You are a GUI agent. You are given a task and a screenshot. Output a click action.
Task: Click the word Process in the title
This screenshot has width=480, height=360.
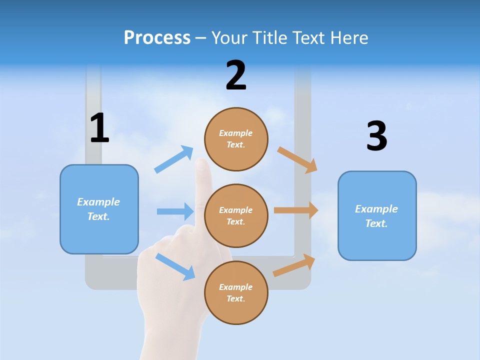pyautogui.click(x=157, y=38)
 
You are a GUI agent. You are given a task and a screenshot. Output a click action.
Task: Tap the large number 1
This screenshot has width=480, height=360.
pyautogui.click(x=99, y=128)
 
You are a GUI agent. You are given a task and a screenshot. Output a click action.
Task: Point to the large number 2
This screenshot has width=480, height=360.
pyautogui.click(x=236, y=76)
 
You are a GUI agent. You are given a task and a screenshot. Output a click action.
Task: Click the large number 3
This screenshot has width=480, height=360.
pyautogui.click(x=376, y=136)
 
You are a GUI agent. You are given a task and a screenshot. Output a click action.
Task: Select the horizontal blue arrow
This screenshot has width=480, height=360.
pyautogui.click(x=175, y=211)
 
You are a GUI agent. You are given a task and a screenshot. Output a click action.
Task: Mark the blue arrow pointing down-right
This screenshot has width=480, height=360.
pyautogui.click(x=175, y=266)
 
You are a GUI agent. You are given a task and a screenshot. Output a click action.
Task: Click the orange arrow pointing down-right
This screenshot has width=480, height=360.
pyautogui.click(x=297, y=160)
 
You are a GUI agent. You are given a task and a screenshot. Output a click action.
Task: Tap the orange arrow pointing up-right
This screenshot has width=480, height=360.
pyautogui.click(x=294, y=265)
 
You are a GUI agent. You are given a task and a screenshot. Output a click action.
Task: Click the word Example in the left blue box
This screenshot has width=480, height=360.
pyautogui.click(x=98, y=202)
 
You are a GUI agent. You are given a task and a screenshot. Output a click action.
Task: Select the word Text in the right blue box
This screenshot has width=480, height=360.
pyautogui.click(x=375, y=223)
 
